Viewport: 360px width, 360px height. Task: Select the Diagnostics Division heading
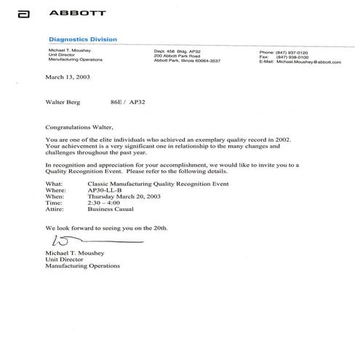point(82,39)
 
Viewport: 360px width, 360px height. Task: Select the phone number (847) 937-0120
point(291,52)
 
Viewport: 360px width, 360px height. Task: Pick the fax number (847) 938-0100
point(291,57)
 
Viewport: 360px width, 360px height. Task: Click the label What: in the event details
point(52,185)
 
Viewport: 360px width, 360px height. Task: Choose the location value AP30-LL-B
point(105,193)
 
